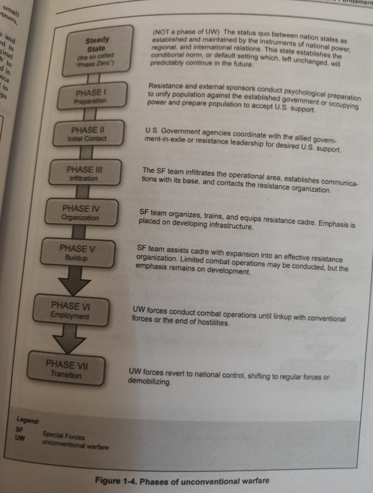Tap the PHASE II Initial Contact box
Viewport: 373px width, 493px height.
[x=88, y=134]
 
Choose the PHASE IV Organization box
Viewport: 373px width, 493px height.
[x=81, y=213]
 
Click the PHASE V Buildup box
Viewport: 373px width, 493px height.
[x=77, y=253]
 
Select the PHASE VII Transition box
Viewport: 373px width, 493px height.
[x=66, y=369]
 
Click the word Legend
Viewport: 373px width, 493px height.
[x=28, y=420]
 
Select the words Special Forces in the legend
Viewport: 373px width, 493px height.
[x=64, y=436]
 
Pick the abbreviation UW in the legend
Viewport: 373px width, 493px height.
[x=20, y=438]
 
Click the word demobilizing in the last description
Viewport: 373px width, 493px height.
[x=149, y=381]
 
